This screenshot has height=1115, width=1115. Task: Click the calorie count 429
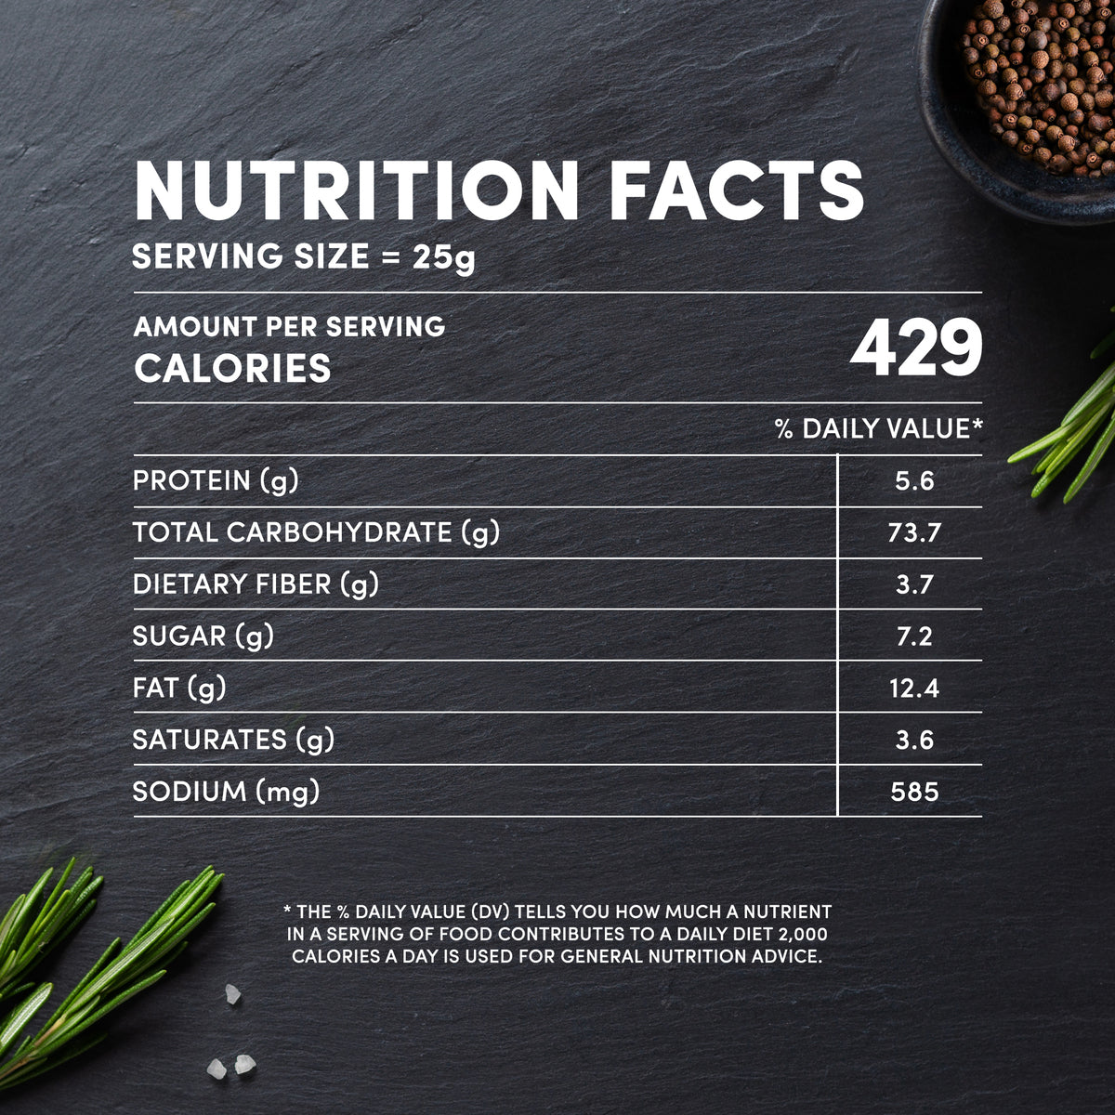click(x=916, y=348)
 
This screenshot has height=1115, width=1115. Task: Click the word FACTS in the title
click(x=737, y=191)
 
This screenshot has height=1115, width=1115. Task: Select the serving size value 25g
click(x=444, y=256)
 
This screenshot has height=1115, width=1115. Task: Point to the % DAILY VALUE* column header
click(x=879, y=428)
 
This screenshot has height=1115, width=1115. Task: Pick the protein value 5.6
click(x=914, y=481)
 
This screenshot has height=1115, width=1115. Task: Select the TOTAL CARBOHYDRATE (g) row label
click(x=316, y=532)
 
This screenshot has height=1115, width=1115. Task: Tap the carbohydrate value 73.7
click(x=914, y=533)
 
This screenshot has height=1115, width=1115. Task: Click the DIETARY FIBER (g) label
click(x=256, y=584)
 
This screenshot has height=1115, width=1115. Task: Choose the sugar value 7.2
click(x=914, y=636)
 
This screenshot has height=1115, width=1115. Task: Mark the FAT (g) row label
click(x=179, y=688)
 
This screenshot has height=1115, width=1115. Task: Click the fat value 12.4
click(x=914, y=689)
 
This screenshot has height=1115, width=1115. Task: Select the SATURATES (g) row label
click(x=233, y=740)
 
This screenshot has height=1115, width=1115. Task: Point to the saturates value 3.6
click(x=914, y=741)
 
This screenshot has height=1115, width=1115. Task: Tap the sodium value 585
click(x=914, y=792)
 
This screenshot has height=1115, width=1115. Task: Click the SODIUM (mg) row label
click(x=226, y=792)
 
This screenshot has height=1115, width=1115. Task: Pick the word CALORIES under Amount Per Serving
click(x=232, y=369)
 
